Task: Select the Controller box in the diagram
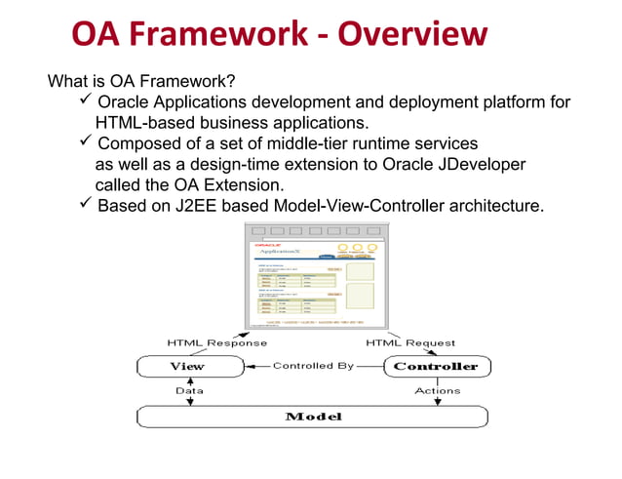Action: click(436, 367)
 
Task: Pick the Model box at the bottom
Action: click(312, 417)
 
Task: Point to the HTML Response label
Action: click(216, 342)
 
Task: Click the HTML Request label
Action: click(410, 342)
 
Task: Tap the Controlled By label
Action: click(312, 367)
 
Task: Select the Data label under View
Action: click(189, 389)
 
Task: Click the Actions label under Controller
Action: click(438, 389)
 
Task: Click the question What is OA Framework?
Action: click(141, 81)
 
